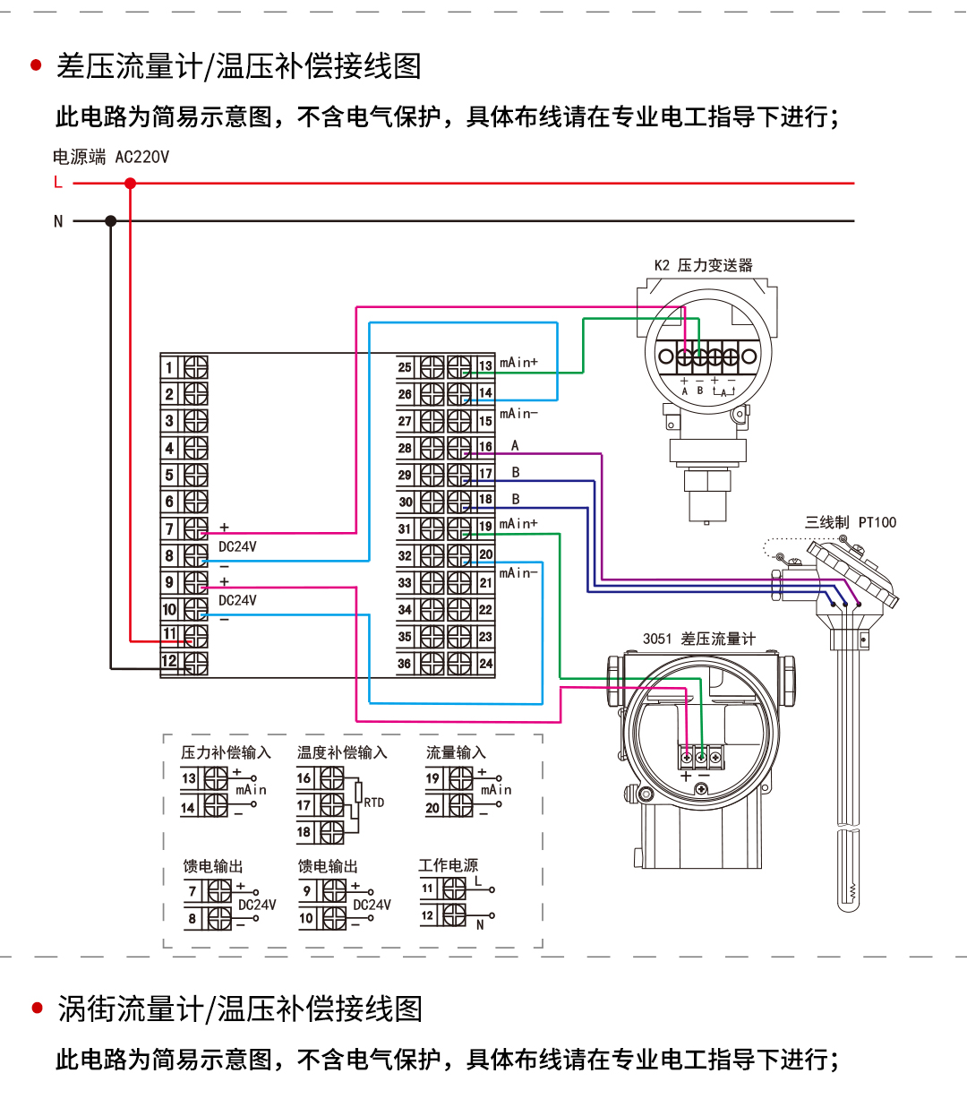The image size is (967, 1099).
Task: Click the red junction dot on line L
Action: pos(131,184)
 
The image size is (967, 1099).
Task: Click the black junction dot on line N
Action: pos(111,220)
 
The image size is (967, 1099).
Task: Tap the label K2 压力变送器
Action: pos(703,265)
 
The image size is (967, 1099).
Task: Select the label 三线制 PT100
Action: pos(850,522)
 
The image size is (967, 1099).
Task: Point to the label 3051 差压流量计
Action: pos(698,639)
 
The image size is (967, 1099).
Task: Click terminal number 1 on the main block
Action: pos(169,367)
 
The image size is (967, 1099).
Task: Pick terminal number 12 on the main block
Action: pos(169,662)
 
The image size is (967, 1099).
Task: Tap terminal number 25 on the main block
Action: pos(405,367)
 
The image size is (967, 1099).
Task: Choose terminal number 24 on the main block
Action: pos(485,664)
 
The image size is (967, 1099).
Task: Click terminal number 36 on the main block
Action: pos(405,664)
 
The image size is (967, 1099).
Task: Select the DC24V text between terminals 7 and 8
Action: pos(237,546)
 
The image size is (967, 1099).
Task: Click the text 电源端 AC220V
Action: pos(110,157)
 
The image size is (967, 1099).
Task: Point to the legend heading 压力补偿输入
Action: pos(226,752)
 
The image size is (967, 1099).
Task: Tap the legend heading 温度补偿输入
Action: pos(342,752)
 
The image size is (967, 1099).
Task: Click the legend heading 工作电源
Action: pos(448,865)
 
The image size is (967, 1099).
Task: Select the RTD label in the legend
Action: pos(374,803)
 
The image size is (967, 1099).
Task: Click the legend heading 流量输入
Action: pos(456,752)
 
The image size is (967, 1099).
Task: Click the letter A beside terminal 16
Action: pos(515,445)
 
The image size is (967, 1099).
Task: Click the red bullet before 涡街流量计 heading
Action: pos(37,1008)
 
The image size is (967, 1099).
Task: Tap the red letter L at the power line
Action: pos(58,183)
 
